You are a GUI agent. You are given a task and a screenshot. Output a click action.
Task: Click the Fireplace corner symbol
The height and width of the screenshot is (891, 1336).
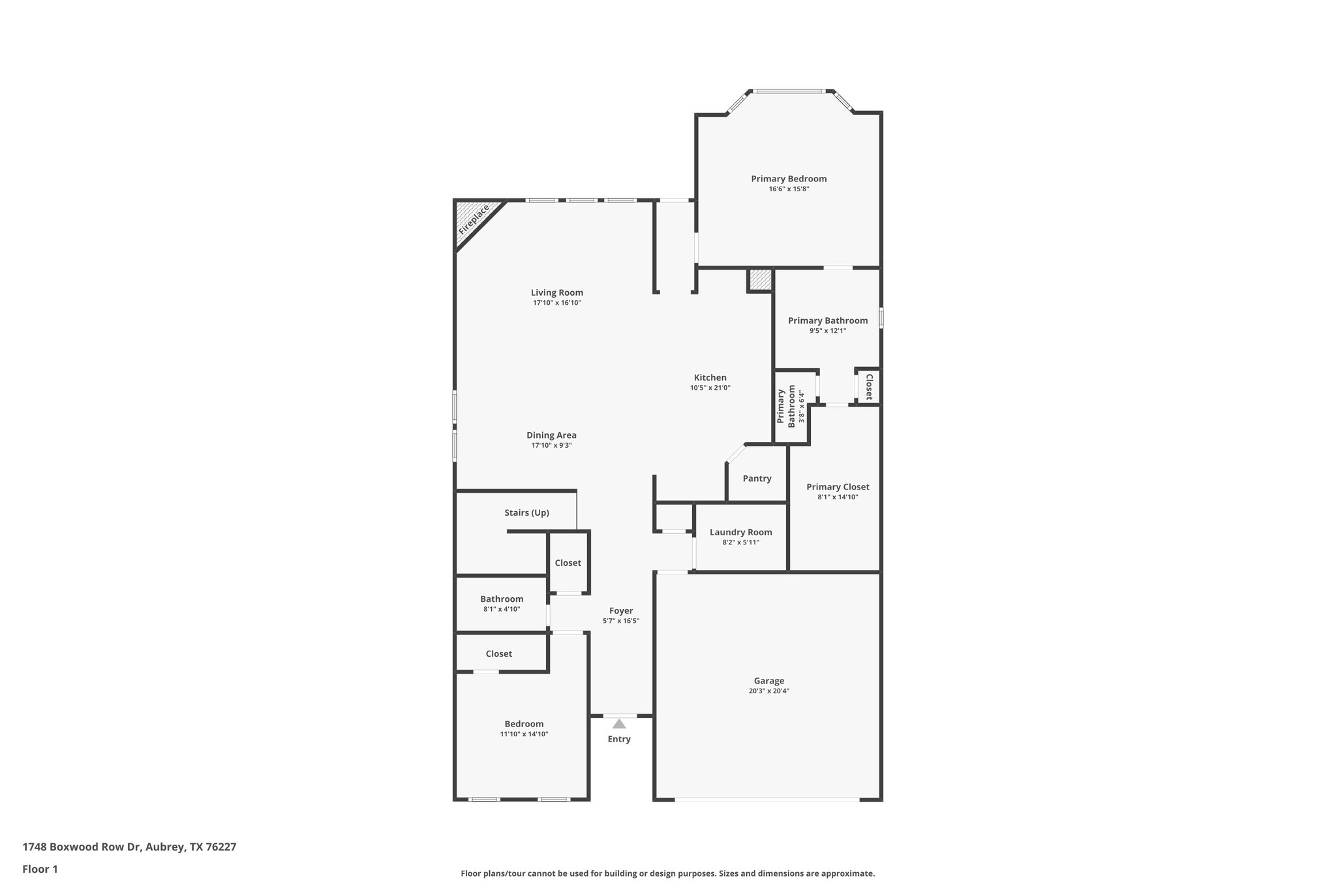474,220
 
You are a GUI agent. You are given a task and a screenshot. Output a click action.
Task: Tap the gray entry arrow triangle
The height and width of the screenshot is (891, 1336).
619,723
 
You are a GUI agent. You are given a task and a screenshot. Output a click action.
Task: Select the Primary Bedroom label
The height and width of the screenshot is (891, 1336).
789,179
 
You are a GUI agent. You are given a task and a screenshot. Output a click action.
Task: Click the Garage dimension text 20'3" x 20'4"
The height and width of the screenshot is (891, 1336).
769,691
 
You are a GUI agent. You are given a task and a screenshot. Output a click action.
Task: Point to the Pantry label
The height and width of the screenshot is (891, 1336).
757,478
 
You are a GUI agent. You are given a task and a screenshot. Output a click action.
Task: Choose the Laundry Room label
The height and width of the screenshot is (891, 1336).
740,532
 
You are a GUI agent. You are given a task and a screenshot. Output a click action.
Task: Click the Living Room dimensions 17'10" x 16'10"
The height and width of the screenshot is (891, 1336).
556,303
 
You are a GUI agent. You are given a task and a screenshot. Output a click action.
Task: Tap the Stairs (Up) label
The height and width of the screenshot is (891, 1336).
526,513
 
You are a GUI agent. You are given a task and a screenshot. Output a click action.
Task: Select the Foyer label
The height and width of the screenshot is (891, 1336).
621,611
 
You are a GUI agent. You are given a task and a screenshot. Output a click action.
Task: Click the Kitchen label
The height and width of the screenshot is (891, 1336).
710,377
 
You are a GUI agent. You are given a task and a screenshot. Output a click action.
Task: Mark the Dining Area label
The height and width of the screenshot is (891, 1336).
551,435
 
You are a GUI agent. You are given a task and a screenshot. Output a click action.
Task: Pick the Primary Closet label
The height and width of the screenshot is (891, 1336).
838,487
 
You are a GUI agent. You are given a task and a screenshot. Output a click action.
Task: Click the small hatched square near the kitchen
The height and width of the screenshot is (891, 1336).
759,280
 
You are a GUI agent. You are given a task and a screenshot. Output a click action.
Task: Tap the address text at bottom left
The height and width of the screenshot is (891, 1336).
129,847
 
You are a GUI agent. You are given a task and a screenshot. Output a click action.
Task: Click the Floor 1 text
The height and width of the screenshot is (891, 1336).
40,869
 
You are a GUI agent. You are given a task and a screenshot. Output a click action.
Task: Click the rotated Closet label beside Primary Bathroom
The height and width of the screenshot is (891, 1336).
869,386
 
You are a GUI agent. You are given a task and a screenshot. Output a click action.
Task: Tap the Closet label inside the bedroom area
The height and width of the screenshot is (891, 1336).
498,654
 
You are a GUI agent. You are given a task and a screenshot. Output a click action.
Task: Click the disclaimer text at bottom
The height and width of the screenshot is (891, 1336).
667,873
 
